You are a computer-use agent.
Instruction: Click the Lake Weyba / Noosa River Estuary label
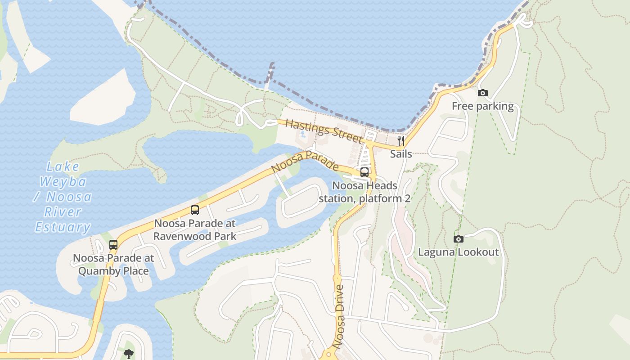(x=63, y=197)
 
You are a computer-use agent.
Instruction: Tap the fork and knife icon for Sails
(x=400, y=141)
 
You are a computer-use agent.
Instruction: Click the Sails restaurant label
(x=400, y=154)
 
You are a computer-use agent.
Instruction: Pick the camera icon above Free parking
(x=482, y=93)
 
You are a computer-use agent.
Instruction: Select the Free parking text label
(x=482, y=106)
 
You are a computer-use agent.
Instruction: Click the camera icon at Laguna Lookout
(x=458, y=239)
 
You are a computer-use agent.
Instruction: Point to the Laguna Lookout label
(x=458, y=252)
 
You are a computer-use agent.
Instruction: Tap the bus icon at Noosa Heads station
(x=364, y=172)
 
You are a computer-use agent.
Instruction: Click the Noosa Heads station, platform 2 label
(x=364, y=192)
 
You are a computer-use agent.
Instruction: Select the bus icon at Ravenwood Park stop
(x=195, y=210)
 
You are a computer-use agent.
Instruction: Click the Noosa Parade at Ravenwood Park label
(x=195, y=229)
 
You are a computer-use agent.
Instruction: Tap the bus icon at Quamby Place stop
(x=113, y=245)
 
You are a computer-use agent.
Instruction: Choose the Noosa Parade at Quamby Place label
(x=113, y=265)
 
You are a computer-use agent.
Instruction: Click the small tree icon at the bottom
(x=129, y=353)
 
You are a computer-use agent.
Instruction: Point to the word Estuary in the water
(x=63, y=227)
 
